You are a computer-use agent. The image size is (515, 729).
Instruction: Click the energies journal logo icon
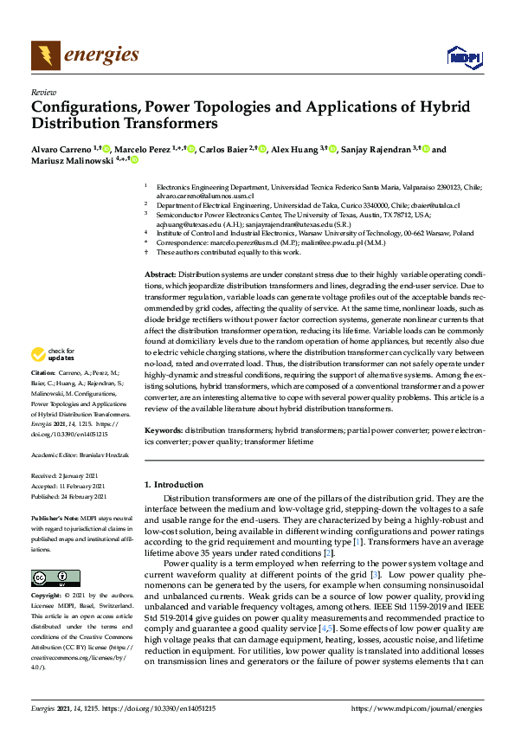(46, 56)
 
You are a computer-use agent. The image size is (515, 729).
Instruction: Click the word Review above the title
(43, 92)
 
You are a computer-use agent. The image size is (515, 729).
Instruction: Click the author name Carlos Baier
(223, 150)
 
